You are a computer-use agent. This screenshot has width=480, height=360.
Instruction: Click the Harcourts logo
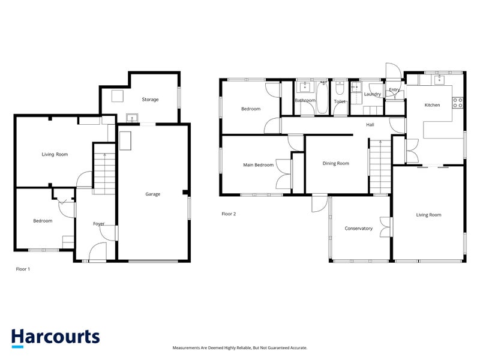(x=55, y=338)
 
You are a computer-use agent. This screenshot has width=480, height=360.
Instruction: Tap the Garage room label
(x=153, y=194)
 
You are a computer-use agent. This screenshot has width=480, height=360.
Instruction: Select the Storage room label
(x=151, y=100)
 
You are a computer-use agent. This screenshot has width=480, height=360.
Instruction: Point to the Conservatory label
(x=358, y=229)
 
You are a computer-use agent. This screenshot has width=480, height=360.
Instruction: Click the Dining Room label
(x=336, y=163)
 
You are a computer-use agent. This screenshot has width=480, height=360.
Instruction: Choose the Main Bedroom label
(x=259, y=164)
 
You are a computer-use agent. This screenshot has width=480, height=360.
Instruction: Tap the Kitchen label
(x=432, y=105)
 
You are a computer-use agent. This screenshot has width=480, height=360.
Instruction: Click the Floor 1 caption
(x=23, y=269)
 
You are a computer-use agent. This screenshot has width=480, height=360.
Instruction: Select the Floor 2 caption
(x=229, y=214)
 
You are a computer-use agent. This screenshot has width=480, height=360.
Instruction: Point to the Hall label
(x=370, y=125)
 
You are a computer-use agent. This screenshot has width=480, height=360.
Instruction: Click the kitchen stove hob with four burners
(x=458, y=103)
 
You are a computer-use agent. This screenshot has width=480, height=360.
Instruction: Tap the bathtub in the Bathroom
(x=322, y=98)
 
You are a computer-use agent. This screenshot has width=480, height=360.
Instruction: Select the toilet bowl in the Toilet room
(x=340, y=88)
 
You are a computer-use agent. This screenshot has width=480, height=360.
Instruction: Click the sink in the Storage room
(x=132, y=118)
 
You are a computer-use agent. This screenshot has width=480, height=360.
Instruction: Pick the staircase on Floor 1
(x=104, y=169)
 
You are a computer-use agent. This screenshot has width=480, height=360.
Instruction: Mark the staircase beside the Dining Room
(x=380, y=167)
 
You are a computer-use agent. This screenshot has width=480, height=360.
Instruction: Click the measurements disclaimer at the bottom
(x=239, y=348)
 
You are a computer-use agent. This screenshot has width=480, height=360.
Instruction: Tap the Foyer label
(x=99, y=224)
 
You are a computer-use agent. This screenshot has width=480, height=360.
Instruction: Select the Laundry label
(x=372, y=94)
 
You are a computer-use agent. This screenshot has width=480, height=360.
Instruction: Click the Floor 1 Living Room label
(x=55, y=154)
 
